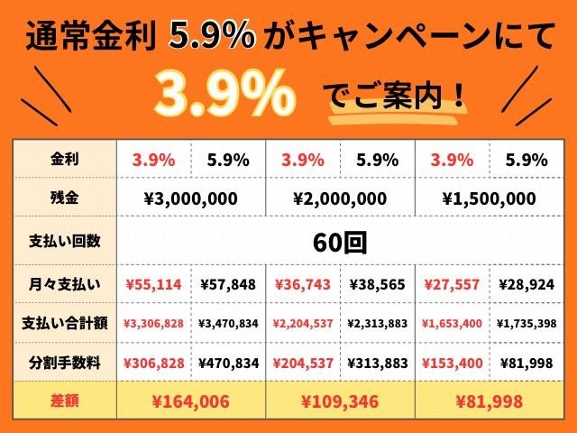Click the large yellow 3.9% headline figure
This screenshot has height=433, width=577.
click(x=225, y=94)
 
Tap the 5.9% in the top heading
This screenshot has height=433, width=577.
click(x=211, y=35)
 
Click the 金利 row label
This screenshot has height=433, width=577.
click(x=64, y=160)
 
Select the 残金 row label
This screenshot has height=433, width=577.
click(x=64, y=198)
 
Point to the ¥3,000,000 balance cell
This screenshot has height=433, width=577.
click(x=190, y=198)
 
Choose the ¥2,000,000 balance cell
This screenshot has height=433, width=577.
click(x=340, y=198)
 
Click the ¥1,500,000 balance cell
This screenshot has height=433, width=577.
click(x=489, y=198)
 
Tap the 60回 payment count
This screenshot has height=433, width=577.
click(x=340, y=243)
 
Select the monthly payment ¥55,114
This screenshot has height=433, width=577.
click(x=153, y=285)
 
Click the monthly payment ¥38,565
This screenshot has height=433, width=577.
click(x=377, y=285)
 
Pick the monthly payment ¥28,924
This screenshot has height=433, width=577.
click(x=527, y=285)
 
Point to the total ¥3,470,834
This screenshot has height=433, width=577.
click(x=228, y=324)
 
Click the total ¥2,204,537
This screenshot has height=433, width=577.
click(x=303, y=324)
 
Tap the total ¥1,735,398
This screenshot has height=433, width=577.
click(x=527, y=324)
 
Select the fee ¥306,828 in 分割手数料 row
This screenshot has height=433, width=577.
click(x=153, y=364)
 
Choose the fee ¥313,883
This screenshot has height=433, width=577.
click(x=378, y=364)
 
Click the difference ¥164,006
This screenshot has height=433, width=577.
click(x=190, y=401)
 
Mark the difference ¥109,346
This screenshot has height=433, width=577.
click(x=340, y=401)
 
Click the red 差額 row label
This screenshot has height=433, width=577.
click(x=64, y=401)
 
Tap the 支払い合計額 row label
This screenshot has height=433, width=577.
click(x=64, y=323)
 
